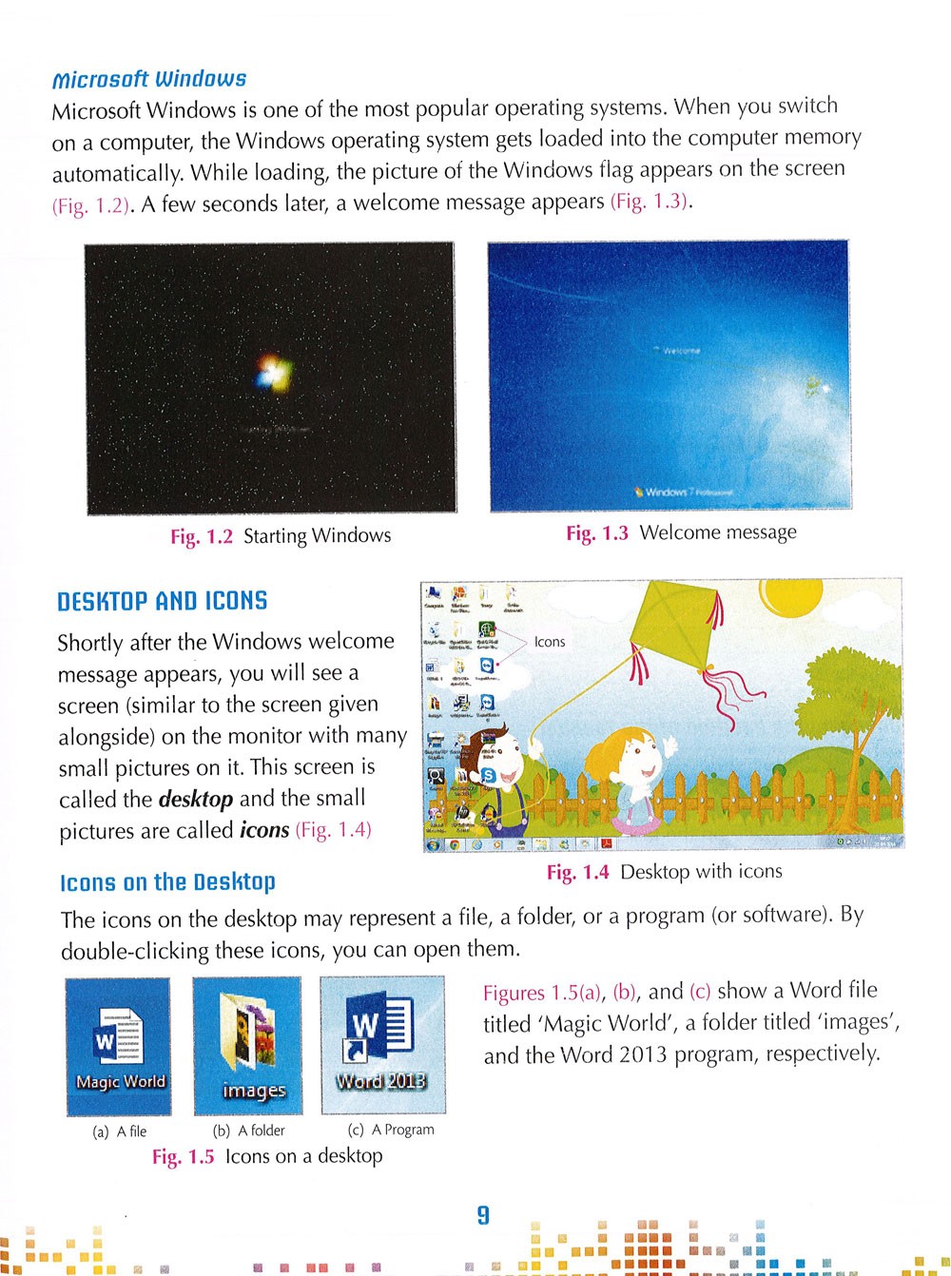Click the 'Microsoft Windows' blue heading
click(x=148, y=78)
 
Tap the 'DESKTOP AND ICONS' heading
click(x=162, y=601)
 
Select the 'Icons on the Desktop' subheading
click(x=167, y=882)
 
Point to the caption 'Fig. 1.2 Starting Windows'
click(x=281, y=536)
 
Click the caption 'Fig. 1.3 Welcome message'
click(x=681, y=532)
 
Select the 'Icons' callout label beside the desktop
click(x=550, y=642)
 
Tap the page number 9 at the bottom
click(x=483, y=1214)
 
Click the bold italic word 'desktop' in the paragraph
click(x=196, y=799)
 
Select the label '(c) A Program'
click(x=391, y=1130)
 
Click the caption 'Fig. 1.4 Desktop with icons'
click(x=664, y=872)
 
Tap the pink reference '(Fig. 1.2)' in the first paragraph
click(x=90, y=206)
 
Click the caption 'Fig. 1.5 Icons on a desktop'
click(x=267, y=1156)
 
